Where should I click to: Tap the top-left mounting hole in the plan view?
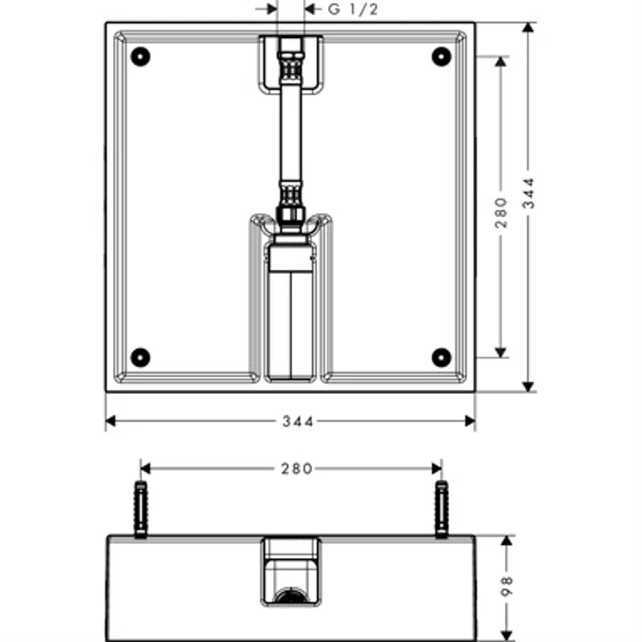140,56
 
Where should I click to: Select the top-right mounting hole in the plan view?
440,56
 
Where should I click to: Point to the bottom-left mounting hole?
140,357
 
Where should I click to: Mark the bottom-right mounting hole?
440,357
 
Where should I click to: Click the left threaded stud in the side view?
141,509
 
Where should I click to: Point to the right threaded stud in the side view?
440,509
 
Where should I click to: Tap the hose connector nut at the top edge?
290,48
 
